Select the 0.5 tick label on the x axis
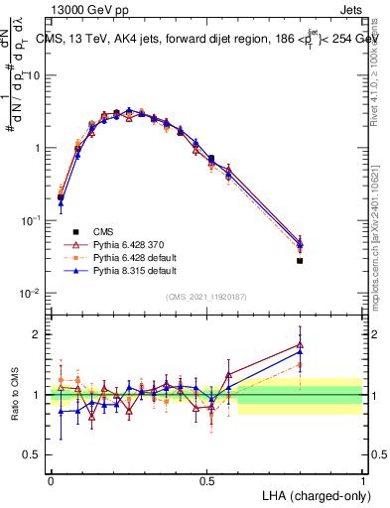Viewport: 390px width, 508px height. (206, 478)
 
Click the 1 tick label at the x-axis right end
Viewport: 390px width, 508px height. (362, 478)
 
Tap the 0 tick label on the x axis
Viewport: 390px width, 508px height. (51, 478)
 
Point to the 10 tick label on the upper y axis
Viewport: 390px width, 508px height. (32, 76)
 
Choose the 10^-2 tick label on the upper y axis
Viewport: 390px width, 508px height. (29, 293)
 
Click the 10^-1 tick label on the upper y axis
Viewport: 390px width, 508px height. (29, 220)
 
